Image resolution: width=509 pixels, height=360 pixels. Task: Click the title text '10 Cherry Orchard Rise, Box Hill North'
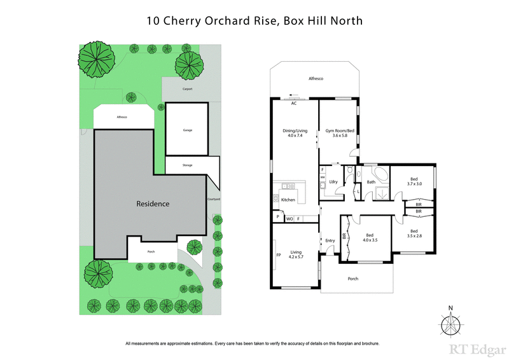254,20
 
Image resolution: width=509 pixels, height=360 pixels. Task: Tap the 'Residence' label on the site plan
153,204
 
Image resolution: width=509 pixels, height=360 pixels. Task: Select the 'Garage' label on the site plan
188,130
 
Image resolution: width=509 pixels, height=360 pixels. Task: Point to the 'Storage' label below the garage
187,165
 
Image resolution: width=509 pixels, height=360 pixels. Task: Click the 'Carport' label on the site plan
187,90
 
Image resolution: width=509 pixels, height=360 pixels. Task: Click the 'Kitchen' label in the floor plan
288,200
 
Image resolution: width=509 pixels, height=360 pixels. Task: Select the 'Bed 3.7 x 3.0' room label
414,181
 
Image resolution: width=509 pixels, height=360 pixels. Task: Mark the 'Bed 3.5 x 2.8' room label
414,233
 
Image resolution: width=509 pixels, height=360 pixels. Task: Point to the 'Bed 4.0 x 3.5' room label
370,237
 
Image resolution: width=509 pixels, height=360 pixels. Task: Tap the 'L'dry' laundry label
332,182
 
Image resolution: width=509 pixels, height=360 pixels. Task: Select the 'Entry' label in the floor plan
330,240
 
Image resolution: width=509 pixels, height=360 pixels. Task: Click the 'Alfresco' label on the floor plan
316,78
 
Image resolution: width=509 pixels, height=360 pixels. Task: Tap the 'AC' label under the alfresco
294,102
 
